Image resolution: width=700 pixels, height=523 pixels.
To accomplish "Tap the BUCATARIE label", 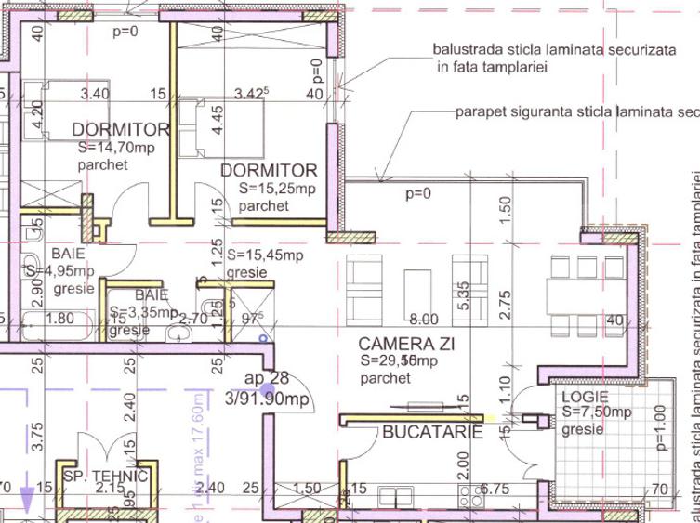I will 432,432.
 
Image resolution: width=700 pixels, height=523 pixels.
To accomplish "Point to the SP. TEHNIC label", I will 106,477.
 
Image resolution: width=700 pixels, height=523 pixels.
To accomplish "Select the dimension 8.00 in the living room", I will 423,319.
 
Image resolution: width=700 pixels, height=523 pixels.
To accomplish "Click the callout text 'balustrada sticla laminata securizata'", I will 554,50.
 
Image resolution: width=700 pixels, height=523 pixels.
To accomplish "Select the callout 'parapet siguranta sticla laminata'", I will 576,111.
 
